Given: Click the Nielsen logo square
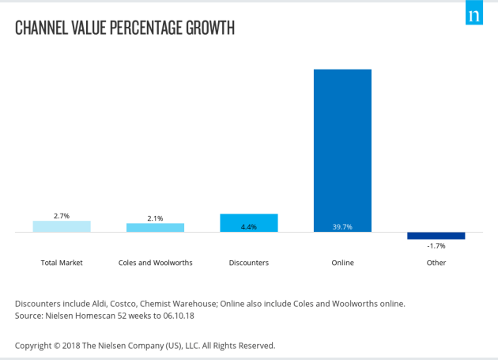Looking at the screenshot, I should tap(473, 15).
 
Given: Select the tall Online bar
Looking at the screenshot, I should tap(342, 150).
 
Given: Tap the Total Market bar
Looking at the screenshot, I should tap(62, 226).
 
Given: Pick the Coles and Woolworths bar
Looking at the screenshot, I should tap(155, 228).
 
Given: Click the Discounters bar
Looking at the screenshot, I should tap(249, 223).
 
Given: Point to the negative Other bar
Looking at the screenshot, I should tap(436, 236).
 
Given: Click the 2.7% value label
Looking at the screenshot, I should tap(62, 215).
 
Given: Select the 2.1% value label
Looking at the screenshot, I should tap(155, 218).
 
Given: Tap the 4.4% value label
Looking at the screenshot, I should tap(249, 227).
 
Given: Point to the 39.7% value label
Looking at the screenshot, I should tap(342, 227).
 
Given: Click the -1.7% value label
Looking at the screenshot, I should tap(436, 246).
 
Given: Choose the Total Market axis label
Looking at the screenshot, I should tap(62, 263).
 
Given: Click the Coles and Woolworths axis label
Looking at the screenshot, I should tap(155, 263).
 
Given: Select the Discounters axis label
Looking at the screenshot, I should tap(249, 263).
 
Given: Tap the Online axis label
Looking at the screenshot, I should tap(342, 263).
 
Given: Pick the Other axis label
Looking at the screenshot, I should tap(436, 263).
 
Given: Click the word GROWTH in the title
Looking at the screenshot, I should tap(207, 28).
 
